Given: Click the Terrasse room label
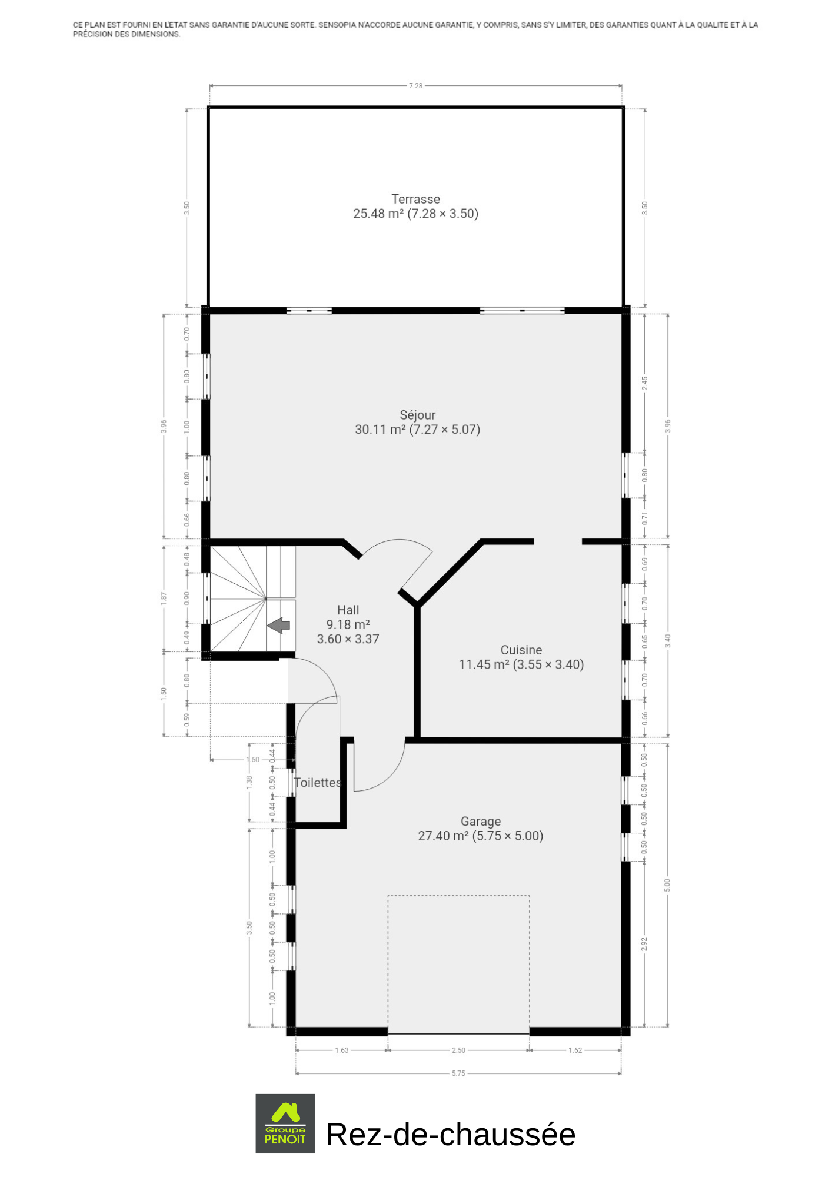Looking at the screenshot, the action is click(x=415, y=199).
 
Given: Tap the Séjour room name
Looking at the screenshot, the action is click(x=417, y=415).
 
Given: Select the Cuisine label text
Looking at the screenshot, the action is click(x=521, y=650).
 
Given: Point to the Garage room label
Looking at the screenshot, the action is click(x=481, y=822).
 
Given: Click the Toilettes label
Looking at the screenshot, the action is click(x=318, y=783).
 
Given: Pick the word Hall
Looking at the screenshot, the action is click(x=348, y=610).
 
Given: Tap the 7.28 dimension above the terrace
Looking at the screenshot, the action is click(x=415, y=86).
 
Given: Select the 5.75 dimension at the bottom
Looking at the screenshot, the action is click(x=458, y=1073).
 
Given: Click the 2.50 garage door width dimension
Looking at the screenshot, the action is click(x=458, y=1050).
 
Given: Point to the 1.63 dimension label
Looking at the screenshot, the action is click(x=342, y=1050).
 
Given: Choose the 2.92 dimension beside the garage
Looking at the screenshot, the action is click(x=644, y=944).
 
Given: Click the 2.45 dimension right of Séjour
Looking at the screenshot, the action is click(x=644, y=383).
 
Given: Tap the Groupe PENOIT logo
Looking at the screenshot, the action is click(x=285, y=1123).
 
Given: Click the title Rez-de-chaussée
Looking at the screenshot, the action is click(x=451, y=1134).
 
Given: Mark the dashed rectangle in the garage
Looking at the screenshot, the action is click(x=458, y=896).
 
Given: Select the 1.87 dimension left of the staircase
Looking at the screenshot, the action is click(x=164, y=598).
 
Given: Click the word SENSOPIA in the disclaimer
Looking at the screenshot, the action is click(x=337, y=25).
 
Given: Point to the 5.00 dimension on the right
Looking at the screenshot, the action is click(x=667, y=885).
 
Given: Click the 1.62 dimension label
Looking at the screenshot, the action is click(x=575, y=1050).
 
